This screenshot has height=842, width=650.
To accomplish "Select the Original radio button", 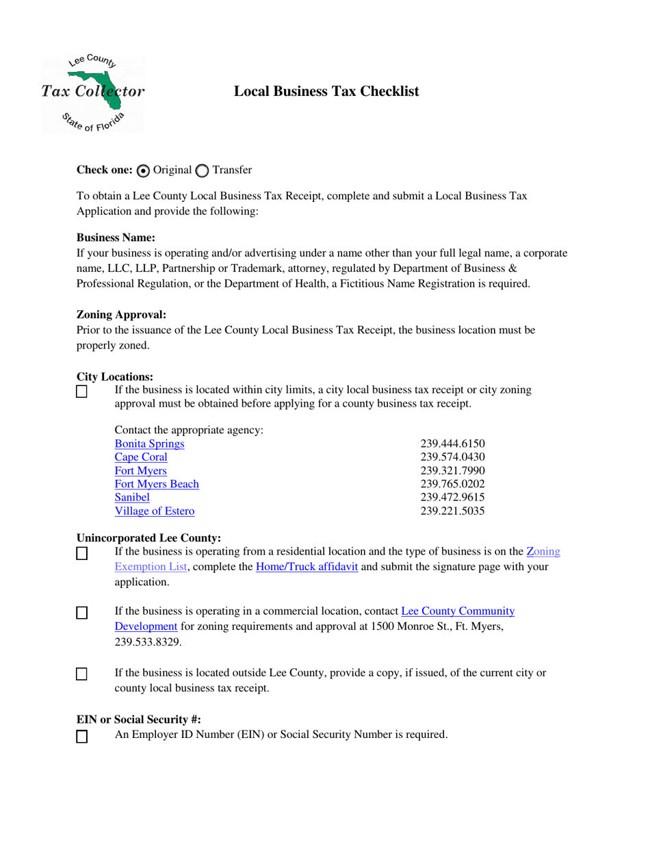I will click(x=143, y=170).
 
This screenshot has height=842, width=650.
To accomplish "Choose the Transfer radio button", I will click(x=203, y=170).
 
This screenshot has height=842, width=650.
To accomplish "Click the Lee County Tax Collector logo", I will click(x=93, y=92).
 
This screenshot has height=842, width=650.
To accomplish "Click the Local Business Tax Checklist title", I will click(x=326, y=91).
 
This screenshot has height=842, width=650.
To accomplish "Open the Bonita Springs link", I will click(x=149, y=444).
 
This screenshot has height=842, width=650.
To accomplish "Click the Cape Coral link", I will click(x=141, y=457).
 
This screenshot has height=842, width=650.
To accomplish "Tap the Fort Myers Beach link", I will click(x=157, y=484).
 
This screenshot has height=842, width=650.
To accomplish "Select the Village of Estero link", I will click(x=155, y=511).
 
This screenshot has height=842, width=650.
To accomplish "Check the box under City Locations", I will click(x=82, y=392).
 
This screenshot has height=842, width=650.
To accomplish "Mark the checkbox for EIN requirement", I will click(x=82, y=737).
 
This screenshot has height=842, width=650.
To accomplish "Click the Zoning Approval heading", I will click(x=121, y=315).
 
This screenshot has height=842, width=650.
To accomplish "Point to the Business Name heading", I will click(x=116, y=238).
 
